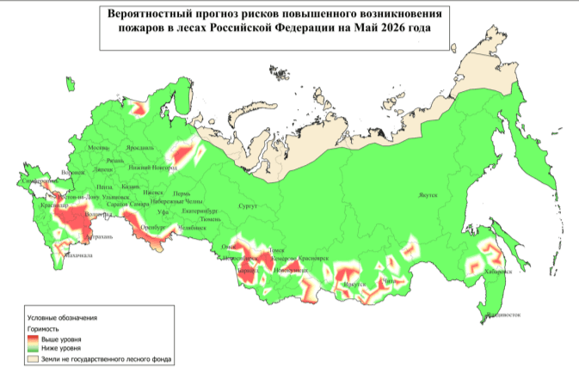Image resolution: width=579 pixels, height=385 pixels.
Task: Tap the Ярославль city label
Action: click(x=140, y=148)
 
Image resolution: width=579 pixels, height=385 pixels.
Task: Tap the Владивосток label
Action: click(x=505, y=315)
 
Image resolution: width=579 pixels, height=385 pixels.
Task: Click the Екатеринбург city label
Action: click(x=202, y=211)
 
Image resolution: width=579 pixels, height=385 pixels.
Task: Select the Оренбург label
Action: click(x=152, y=228)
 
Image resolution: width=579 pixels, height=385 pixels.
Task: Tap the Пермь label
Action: click(x=182, y=194)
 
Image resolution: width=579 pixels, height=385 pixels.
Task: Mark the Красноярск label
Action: click(x=313, y=258)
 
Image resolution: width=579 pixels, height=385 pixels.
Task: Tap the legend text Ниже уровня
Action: click(x=61, y=349)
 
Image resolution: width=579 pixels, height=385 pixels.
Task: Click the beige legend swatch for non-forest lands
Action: click(x=34, y=359)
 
